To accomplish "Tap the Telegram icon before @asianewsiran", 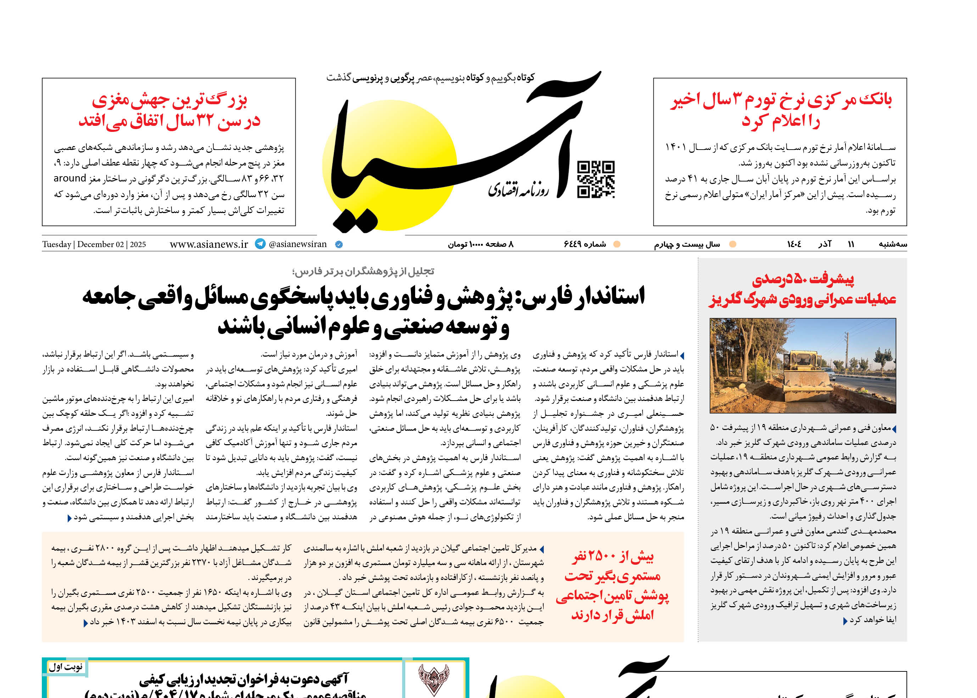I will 260,244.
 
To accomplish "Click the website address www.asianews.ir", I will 209,244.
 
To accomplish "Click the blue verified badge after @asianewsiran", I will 339,245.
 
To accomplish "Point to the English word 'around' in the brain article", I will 69,178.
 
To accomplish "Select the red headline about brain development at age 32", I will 169,111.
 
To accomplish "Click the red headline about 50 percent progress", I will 802,289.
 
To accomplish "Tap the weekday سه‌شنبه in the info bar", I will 892,244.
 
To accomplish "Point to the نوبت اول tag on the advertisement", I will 65,667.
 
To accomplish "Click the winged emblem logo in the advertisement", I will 433,679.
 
